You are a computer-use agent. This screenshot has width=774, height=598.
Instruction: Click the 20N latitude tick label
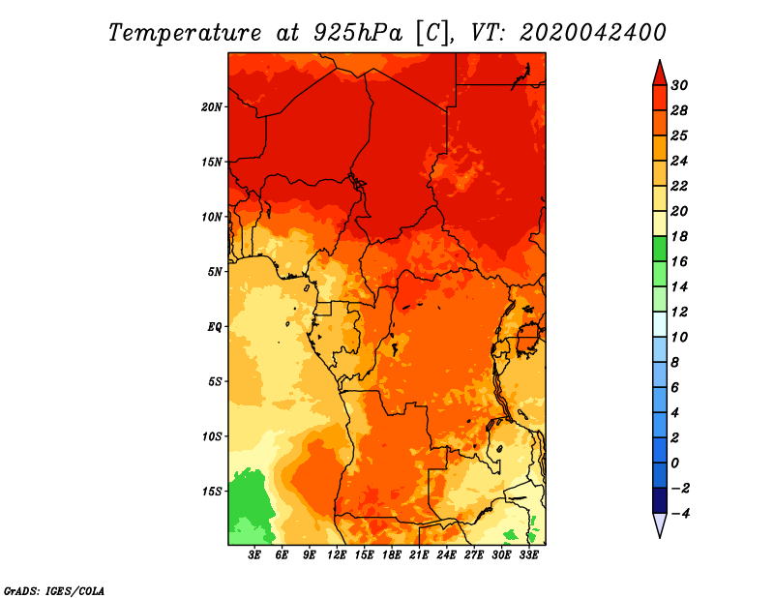(x=212, y=106)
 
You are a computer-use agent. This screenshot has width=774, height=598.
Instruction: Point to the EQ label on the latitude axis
(x=215, y=326)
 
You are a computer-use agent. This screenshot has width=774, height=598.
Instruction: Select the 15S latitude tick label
(x=212, y=491)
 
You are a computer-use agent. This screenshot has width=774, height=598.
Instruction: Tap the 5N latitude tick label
(x=215, y=271)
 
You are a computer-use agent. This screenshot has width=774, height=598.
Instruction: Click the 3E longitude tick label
(x=255, y=556)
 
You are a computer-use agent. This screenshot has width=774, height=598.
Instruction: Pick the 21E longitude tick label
(x=419, y=556)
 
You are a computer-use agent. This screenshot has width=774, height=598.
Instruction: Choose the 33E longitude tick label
(x=528, y=556)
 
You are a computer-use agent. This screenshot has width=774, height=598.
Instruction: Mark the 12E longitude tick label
(x=337, y=556)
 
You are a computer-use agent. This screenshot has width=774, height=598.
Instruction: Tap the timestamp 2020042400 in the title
(x=593, y=32)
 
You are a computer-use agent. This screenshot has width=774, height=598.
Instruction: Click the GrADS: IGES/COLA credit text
(x=53, y=589)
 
